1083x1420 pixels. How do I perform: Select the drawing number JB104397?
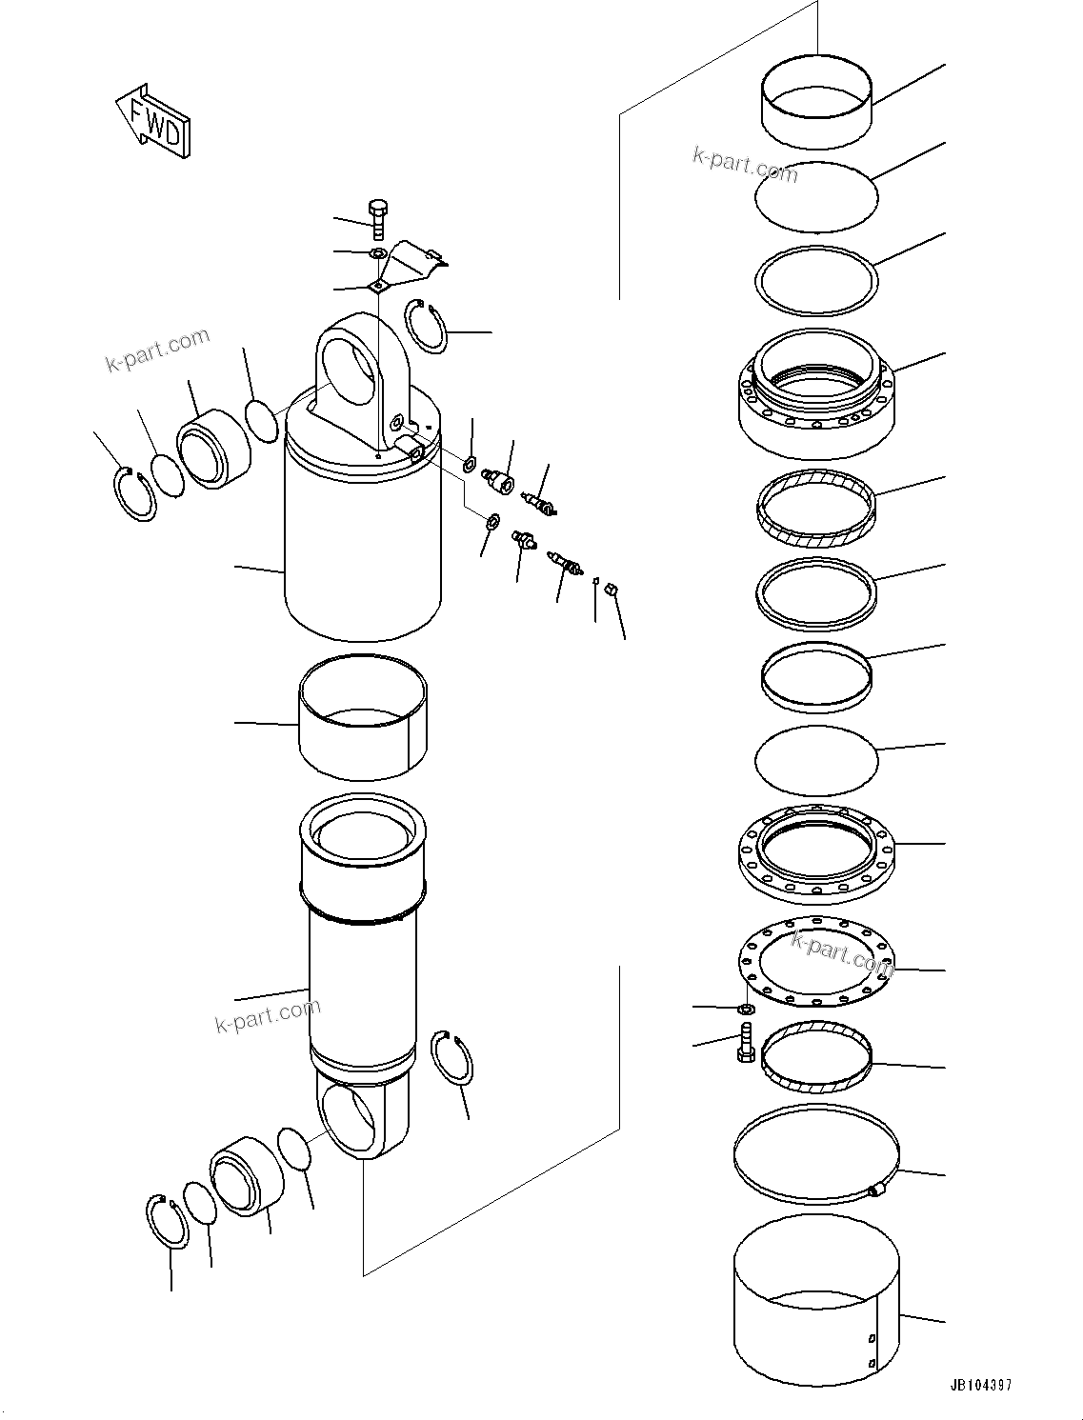980,1384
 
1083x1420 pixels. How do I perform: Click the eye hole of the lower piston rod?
348,1118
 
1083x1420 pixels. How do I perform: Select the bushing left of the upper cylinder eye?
215,449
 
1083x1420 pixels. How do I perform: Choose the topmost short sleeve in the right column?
816,107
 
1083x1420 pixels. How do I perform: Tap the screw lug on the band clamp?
877,1189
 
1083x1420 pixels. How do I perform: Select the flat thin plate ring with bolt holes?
817,962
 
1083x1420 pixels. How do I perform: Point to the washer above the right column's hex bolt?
748,1008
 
